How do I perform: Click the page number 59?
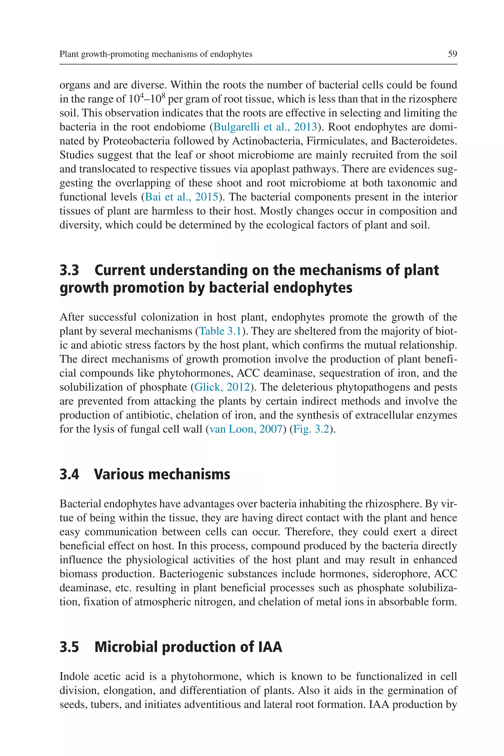[452, 54]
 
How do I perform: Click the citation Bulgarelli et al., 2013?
[265, 127]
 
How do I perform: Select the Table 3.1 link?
[220, 331]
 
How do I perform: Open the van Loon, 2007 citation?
[246, 429]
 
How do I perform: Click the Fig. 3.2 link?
[311, 429]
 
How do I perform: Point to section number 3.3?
[69, 270]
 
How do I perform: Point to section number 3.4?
[69, 474]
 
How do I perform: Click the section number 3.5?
[69, 647]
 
